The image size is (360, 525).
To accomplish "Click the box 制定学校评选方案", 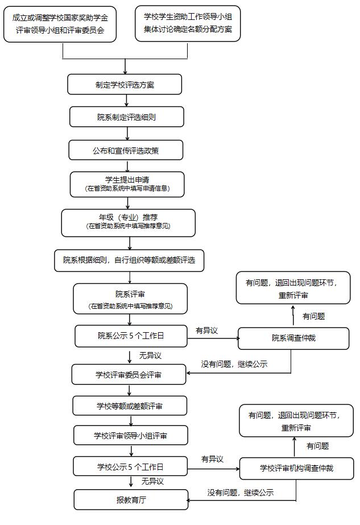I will point(125,85).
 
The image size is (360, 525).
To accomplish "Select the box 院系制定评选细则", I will point(127,117).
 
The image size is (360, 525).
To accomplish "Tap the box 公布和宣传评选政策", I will point(126,151).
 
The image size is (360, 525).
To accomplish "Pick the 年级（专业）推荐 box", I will point(128,222).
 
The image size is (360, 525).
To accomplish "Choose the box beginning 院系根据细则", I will point(129,260).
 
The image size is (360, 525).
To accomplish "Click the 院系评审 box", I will point(130,299).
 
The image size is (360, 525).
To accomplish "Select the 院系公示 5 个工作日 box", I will point(131,336).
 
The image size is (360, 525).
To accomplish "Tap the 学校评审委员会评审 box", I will point(129,374).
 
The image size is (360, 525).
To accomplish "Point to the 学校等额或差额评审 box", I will point(130,406).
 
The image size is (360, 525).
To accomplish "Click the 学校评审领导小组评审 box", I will point(131,436).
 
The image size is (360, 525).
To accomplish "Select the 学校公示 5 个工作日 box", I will point(130,467).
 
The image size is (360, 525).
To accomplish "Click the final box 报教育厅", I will point(131,500).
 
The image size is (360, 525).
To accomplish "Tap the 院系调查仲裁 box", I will point(293,338).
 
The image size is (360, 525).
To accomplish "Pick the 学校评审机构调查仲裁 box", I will point(296,469).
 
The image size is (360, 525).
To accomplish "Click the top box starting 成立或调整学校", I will point(60,23).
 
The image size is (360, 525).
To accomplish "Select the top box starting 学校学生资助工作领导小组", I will point(188,23).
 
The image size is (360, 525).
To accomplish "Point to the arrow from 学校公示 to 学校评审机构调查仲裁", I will point(213,469).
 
